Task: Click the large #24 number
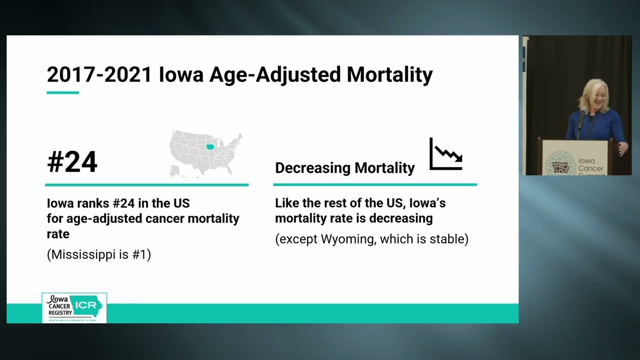pyautogui.click(x=72, y=162)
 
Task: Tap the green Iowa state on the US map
pyautogui.click(x=210, y=147)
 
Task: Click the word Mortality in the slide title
pyautogui.click(x=389, y=74)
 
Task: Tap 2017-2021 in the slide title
pyautogui.click(x=99, y=74)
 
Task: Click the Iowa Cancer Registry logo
pyautogui.click(x=74, y=307)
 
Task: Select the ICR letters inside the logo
pyautogui.click(x=85, y=305)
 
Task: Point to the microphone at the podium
pyautogui.click(x=582, y=112)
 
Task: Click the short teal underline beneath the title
pyautogui.click(x=62, y=92)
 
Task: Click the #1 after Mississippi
pyautogui.click(x=139, y=254)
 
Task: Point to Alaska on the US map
pyautogui.click(x=175, y=171)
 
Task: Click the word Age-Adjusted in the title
pyautogui.click(x=274, y=74)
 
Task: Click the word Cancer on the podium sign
pyautogui.click(x=590, y=168)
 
